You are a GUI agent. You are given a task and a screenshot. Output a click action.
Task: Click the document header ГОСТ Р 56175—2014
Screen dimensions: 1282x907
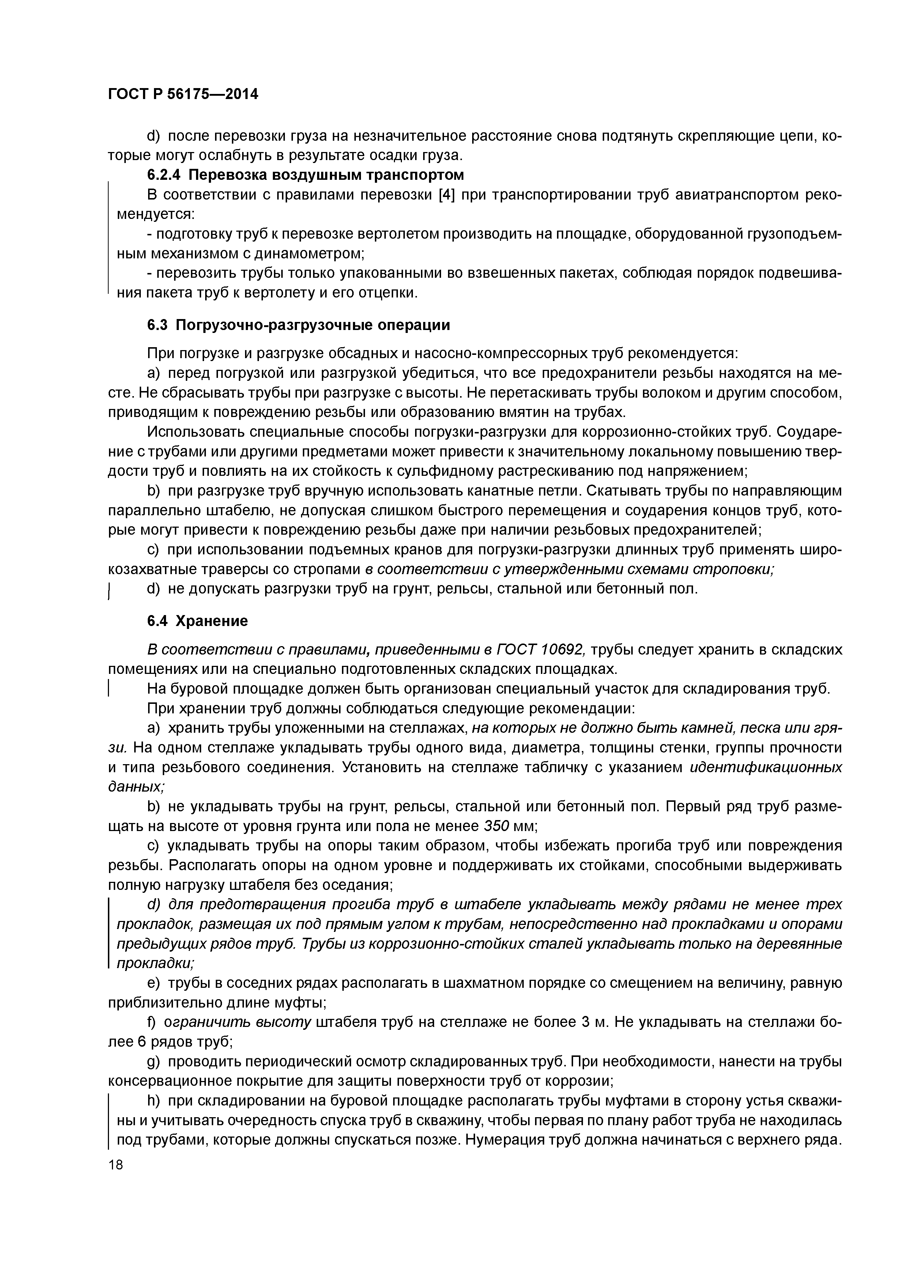pos(183,94)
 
